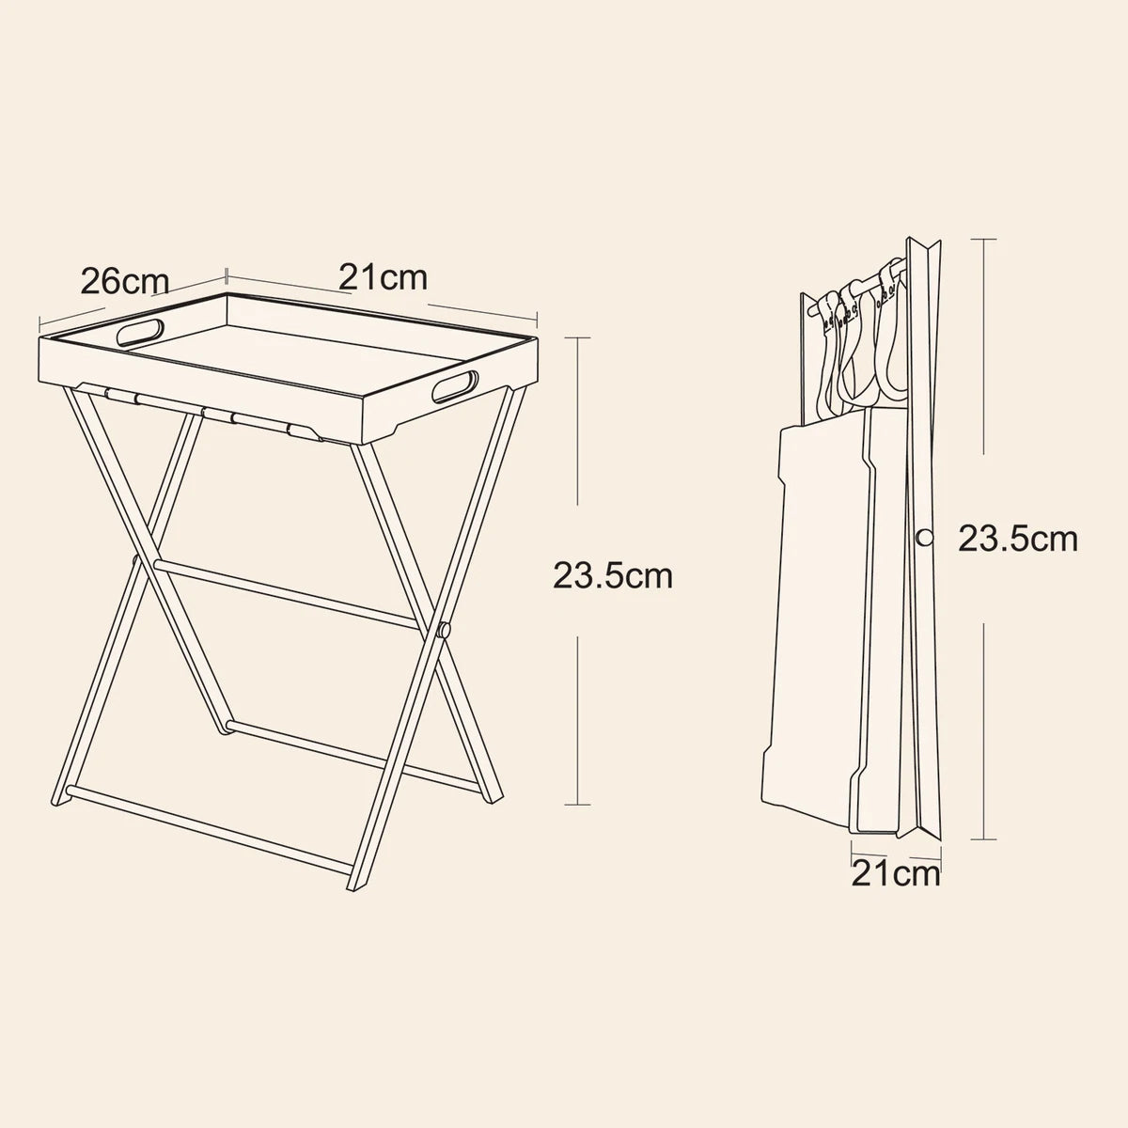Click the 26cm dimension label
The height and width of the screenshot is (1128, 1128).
pos(125,281)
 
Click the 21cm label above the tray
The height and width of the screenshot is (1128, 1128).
pos(383,277)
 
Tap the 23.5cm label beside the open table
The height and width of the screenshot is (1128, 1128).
pos(613,575)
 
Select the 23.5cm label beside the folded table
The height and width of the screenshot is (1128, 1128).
pos(1017,539)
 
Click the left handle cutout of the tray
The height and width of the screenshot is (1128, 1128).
pos(140,332)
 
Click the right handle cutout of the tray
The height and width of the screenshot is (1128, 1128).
pos(455,386)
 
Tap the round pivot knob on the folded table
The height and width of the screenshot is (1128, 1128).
pos(925,538)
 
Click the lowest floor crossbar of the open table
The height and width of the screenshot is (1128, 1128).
pos(210,831)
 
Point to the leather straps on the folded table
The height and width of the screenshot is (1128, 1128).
pos(859,339)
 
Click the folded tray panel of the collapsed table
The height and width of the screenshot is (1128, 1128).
pos(814,626)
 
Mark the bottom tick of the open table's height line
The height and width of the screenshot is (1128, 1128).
pos(577,805)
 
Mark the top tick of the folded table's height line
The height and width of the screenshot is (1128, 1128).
pos(983,239)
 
